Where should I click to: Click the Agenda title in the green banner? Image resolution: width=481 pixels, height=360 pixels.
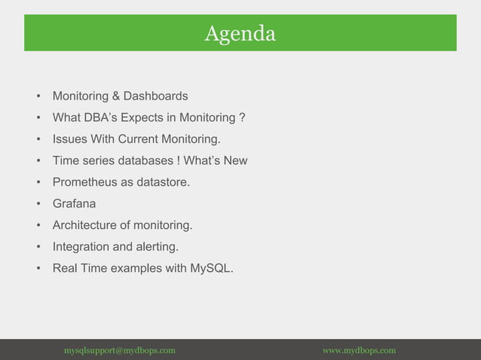(240, 33)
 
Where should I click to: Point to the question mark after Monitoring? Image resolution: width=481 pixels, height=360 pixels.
(241, 118)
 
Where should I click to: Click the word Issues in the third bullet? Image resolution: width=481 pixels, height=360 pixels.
(69, 139)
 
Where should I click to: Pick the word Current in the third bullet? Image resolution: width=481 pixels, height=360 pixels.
(140, 139)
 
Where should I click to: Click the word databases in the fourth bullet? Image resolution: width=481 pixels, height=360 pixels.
(143, 160)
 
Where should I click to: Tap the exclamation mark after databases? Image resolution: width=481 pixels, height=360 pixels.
(178, 160)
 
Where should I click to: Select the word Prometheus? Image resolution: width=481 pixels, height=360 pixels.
(84, 182)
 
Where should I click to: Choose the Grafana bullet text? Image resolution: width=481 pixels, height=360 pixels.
(74, 203)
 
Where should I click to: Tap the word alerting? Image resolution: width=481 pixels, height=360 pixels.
(157, 246)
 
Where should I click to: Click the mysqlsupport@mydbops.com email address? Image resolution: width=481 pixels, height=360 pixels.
(120, 350)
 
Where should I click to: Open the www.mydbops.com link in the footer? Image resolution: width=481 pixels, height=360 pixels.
(359, 350)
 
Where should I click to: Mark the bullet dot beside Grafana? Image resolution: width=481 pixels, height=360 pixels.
(37, 204)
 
